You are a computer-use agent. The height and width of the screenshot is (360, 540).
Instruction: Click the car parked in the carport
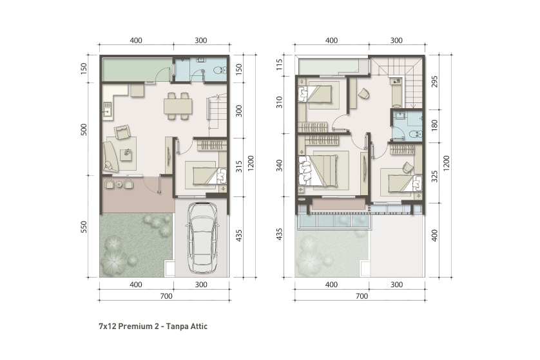point(202,238)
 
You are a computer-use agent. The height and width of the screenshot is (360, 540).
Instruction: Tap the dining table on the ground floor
point(178,106)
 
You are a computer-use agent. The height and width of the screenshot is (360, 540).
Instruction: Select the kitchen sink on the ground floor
point(106,109)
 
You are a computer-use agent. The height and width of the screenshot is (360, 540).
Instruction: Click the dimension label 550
point(84,227)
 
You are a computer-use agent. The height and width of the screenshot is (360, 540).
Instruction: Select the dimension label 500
point(84,129)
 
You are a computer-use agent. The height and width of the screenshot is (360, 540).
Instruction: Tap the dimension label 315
point(239,167)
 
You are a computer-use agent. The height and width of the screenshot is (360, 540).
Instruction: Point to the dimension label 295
point(434,82)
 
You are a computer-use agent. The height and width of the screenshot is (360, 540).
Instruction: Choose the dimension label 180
point(434,124)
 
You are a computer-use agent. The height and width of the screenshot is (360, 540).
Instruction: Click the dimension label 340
point(279,166)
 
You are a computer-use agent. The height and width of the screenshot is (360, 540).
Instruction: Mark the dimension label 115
point(279,64)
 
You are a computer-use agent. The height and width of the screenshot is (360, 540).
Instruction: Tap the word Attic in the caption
point(198,327)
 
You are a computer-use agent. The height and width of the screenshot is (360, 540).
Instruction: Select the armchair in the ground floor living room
point(122,132)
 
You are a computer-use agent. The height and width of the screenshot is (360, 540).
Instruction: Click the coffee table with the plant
point(126,154)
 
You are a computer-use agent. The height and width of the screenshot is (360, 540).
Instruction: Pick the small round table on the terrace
point(119,184)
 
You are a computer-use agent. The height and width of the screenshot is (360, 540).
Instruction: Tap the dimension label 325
point(434,176)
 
